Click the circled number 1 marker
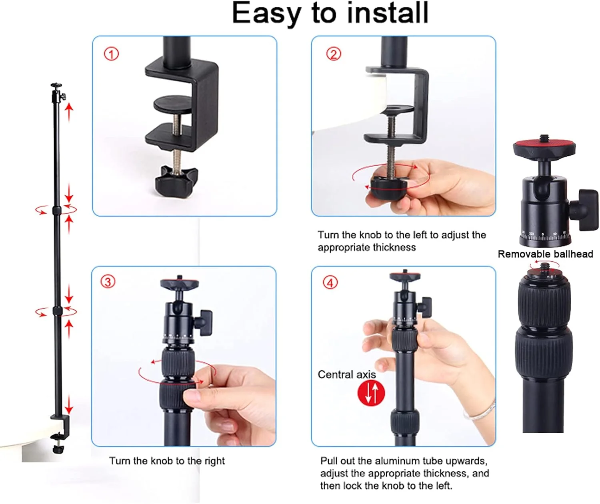coord(111,54)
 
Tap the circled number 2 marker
coord(334,54)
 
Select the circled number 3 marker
coord(108,282)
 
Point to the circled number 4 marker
coord(330,283)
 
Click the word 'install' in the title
coord(388,13)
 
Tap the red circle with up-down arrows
coord(371,393)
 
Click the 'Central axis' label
coord(346,374)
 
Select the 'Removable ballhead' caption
coord(546,254)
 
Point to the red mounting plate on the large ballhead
coord(544,144)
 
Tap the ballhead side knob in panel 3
coord(204,323)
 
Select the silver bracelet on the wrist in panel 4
coord(480,410)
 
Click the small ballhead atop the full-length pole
coord(57,92)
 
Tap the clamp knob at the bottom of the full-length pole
coord(58,449)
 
